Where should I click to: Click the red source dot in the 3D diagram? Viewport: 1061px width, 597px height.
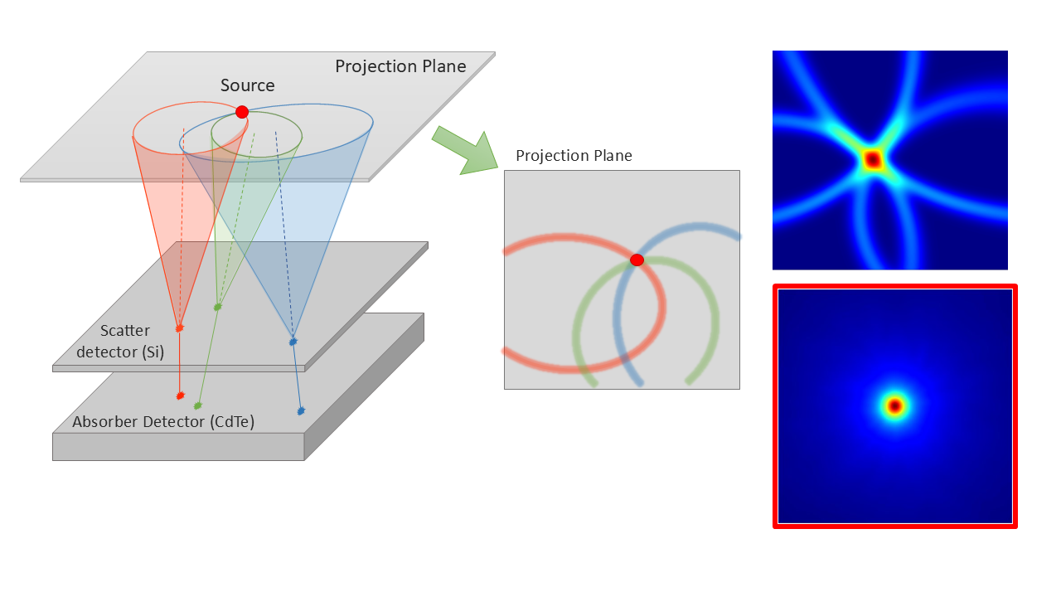242,112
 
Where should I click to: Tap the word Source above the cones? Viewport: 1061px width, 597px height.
247,85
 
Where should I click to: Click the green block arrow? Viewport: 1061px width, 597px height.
465,151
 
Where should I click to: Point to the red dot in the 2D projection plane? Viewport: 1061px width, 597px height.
637,260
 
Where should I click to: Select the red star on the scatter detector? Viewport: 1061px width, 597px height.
180,328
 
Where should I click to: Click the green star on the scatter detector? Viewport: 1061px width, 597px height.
217,307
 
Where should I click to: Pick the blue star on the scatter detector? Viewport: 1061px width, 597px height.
293,341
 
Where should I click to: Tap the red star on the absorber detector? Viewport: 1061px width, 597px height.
181,396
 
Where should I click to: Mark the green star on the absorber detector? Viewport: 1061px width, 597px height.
198,405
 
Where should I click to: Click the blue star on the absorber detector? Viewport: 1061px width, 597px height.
301,410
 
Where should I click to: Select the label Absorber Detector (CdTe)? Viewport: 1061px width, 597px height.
163,422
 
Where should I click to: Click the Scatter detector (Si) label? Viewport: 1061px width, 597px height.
120,341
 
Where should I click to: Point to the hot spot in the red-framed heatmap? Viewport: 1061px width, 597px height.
894,406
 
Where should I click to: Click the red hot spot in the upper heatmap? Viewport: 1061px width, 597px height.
873,160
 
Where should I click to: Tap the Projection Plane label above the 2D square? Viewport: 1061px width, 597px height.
574,155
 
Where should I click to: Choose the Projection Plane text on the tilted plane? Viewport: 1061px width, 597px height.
400,66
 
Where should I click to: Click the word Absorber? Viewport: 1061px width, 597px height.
105,422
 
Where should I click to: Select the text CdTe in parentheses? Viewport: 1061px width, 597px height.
232,422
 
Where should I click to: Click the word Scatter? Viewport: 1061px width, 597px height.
125,330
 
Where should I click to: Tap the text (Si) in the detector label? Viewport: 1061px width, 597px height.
153,352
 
